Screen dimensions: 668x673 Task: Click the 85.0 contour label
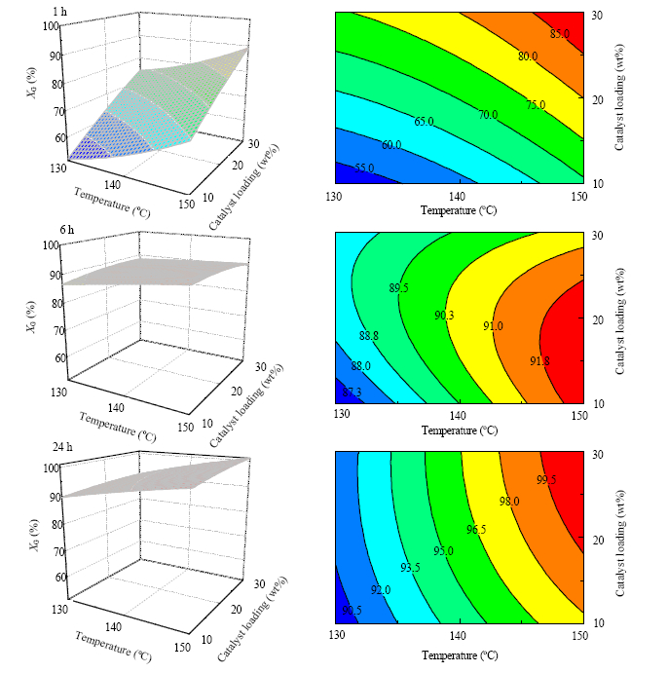(560, 33)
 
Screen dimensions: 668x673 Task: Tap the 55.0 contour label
(365, 168)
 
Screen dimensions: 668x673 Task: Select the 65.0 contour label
(424, 122)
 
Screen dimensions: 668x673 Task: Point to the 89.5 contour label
(398, 287)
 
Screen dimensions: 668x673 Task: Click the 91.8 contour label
(539, 361)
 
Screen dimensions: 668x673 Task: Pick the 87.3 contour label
(353, 392)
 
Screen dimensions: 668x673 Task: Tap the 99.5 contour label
(546, 479)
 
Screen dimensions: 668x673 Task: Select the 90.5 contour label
(353, 610)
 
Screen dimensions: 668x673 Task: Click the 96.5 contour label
(476, 529)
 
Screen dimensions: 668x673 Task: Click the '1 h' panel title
(60, 12)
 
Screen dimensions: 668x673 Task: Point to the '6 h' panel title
(67, 230)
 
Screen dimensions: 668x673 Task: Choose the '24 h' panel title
(62, 447)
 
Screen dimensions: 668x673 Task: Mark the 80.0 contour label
(528, 56)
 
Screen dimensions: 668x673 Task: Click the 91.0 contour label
(493, 325)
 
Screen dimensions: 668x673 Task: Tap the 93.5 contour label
(411, 568)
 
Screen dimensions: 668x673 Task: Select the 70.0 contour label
(488, 115)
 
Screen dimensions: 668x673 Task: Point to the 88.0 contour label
(361, 365)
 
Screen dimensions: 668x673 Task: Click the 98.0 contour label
(509, 501)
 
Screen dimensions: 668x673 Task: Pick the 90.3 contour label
(444, 315)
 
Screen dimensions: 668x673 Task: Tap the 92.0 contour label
(381, 590)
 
